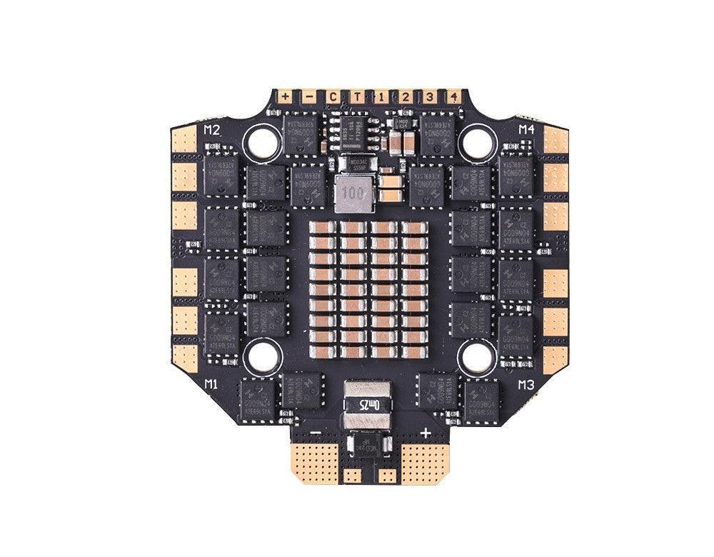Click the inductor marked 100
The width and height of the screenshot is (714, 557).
coord(352,193)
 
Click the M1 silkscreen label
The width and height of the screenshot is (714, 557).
coord(211,384)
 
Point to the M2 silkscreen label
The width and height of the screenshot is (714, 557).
coord(211,130)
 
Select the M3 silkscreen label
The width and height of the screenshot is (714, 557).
coord(527,384)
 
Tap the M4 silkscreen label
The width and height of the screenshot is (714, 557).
coord(526,129)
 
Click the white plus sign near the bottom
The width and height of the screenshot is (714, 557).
coord(426,432)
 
